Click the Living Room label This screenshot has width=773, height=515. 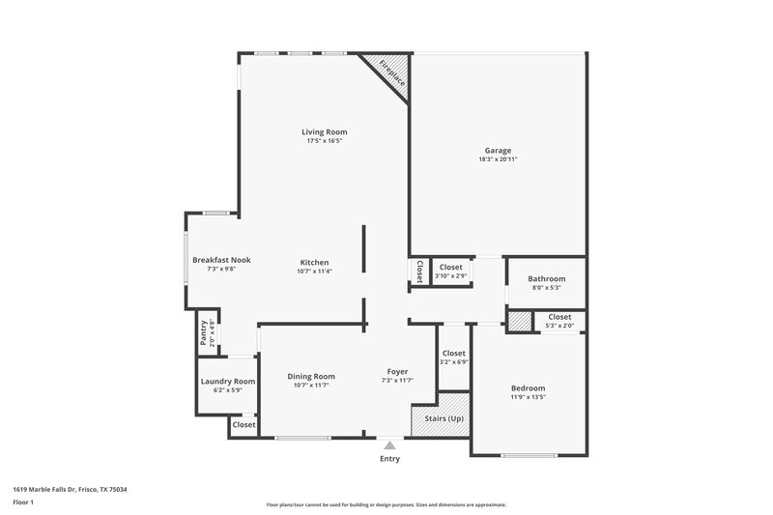pos(324,131)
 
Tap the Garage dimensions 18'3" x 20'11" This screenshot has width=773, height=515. pos(498,160)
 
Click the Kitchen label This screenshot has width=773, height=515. pos(314,262)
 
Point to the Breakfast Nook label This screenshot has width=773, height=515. pos(221,259)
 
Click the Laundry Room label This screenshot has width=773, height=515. pos(228,382)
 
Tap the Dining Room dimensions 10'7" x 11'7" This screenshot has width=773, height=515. pos(311,386)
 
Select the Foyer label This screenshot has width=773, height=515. pos(397,372)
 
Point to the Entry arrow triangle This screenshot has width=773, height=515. pos(389,445)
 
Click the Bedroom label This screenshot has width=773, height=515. pos(528,386)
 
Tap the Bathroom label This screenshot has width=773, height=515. pos(546,278)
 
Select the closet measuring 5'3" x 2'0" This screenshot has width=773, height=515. pos(559,321)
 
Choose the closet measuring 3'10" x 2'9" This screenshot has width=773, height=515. pos(451,271)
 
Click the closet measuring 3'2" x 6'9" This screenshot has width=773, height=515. pos(453,358)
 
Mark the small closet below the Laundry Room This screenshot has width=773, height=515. pos(243,424)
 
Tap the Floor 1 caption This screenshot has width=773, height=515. pos(24,503)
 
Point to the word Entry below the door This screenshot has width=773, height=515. pos(389,459)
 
